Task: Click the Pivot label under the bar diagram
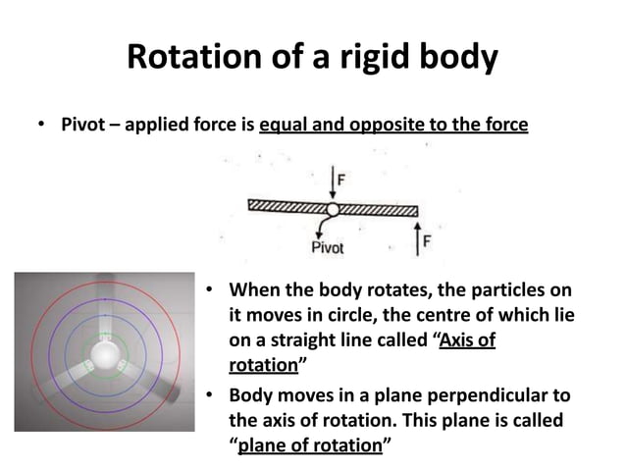click(x=328, y=248)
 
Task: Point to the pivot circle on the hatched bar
click(x=333, y=209)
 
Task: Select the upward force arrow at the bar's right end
click(x=416, y=236)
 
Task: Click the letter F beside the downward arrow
click(x=340, y=181)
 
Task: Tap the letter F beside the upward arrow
click(x=427, y=239)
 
